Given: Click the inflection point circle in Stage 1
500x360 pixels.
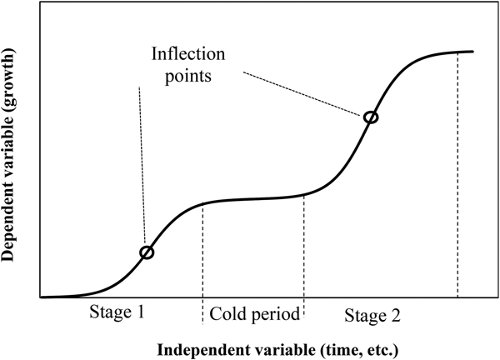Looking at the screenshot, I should (x=147, y=252).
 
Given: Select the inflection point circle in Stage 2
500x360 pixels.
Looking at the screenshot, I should (x=371, y=117).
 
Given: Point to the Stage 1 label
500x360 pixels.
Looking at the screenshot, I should (x=117, y=314).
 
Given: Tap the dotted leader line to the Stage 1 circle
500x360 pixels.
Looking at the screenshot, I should (x=142, y=167).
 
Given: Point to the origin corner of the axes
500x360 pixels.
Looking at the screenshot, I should (x=39, y=297).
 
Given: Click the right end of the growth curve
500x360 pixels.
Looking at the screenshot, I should (x=472, y=52).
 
